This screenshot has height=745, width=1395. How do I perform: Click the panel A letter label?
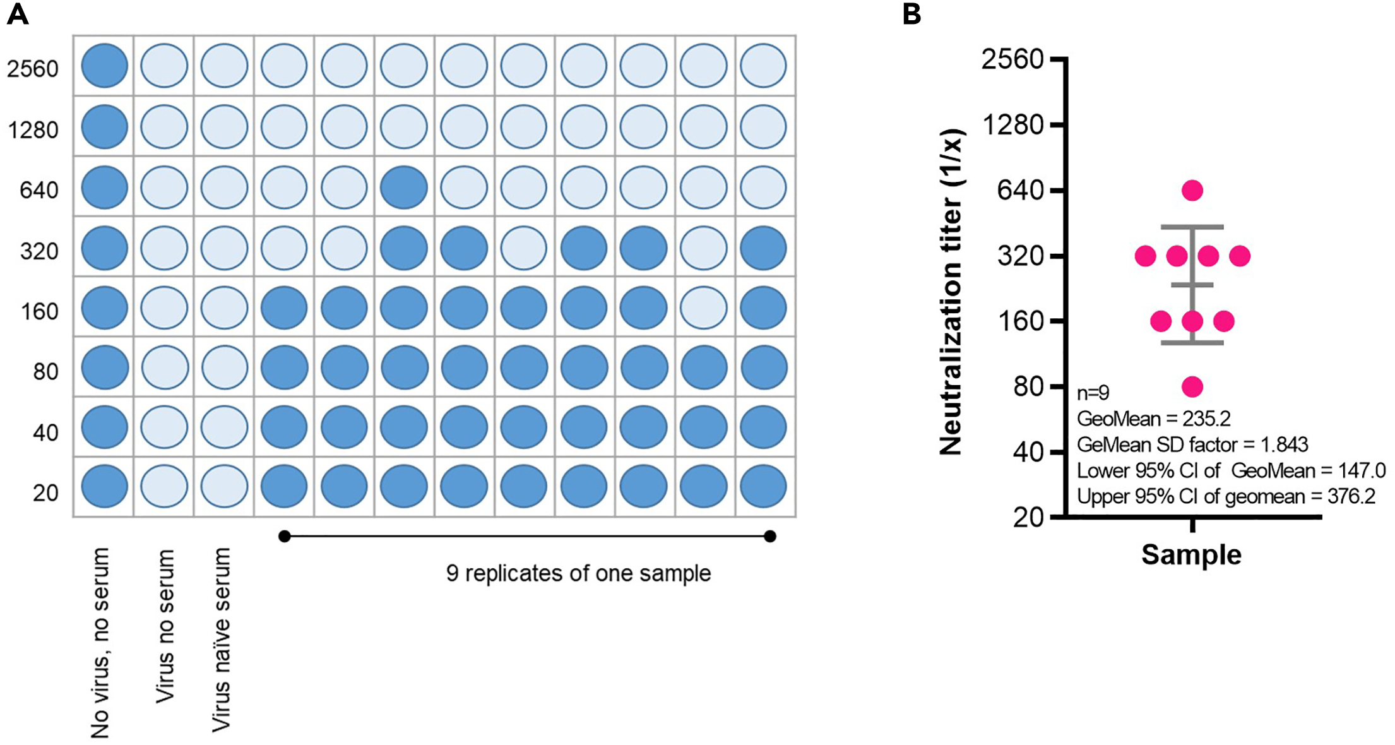click(x=17, y=13)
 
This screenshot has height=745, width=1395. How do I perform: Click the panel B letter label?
click(x=911, y=13)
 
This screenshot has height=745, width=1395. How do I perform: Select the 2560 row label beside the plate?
click(x=33, y=68)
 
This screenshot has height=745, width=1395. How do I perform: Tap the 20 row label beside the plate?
click(x=45, y=492)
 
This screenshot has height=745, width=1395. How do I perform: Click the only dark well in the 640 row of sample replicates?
click(x=404, y=188)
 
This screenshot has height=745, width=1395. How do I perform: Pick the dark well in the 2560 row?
click(x=104, y=66)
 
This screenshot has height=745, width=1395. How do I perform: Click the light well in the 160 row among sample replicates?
click(x=703, y=308)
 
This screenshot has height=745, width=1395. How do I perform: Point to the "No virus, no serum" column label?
click(x=100, y=643)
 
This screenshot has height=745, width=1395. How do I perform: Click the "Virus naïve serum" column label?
click(x=222, y=639)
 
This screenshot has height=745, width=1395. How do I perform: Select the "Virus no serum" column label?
click(x=165, y=626)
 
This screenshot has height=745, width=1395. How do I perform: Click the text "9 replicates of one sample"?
click(x=578, y=573)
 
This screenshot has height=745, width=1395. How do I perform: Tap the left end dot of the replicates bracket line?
click(x=285, y=537)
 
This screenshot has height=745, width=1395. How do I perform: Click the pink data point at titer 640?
click(x=1192, y=190)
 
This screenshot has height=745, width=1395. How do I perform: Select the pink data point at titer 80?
click(x=1192, y=386)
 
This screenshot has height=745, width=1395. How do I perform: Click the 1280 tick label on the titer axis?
click(x=1014, y=125)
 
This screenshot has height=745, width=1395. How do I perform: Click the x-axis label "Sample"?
click(x=1191, y=555)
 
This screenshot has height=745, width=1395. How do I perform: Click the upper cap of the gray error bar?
click(x=1192, y=227)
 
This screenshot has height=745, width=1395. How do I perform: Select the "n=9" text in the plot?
click(x=1093, y=393)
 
